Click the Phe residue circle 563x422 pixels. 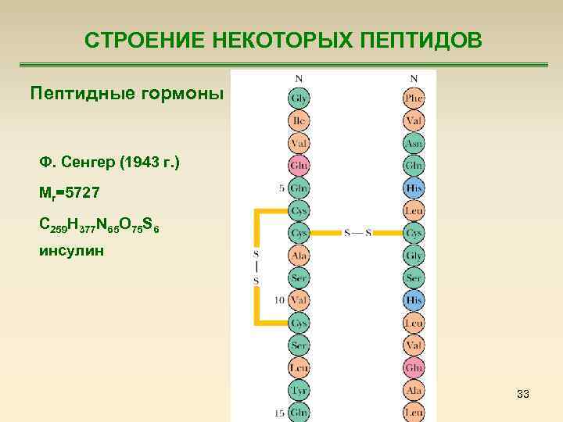click(414, 99)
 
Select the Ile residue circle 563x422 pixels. click(299, 121)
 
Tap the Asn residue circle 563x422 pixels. click(414, 144)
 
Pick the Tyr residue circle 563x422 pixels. click(299, 390)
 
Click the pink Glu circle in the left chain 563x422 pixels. click(299, 166)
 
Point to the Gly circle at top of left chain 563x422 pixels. click(299, 99)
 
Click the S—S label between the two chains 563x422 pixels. click(357, 233)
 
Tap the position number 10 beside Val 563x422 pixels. click(280, 300)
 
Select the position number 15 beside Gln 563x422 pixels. click(280, 412)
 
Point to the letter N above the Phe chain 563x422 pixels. click(414, 78)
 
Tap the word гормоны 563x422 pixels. click(186, 94)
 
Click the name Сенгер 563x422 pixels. click(92, 163)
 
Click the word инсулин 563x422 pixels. click(70, 252)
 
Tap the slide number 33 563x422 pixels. click(523, 395)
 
